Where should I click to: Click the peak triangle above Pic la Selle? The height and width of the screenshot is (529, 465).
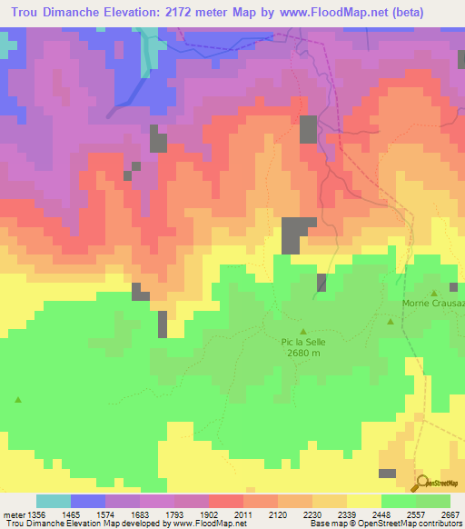click(303, 331)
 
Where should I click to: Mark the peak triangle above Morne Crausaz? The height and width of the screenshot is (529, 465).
click(434, 293)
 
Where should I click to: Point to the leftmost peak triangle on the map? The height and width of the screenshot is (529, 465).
click(17, 399)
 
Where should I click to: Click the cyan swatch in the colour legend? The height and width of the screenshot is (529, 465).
click(53, 501)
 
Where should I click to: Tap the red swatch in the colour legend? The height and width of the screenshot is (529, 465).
click(225, 501)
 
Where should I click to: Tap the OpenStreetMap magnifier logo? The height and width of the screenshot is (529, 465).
click(421, 484)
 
